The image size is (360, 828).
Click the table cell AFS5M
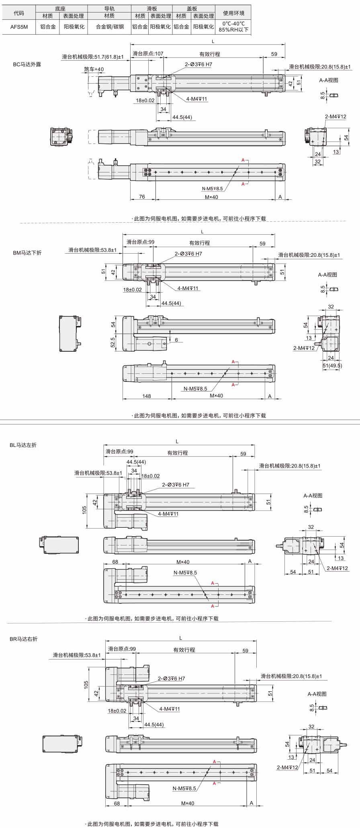click(x=19, y=27)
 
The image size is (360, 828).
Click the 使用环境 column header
click(x=233, y=13)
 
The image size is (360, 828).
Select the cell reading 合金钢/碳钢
click(x=110, y=27)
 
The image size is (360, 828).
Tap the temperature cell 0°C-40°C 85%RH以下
click(x=233, y=27)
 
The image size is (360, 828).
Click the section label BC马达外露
click(x=27, y=64)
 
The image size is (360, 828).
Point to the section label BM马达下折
click(x=27, y=253)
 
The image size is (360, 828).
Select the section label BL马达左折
click(x=23, y=445)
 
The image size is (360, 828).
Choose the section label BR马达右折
click(x=23, y=639)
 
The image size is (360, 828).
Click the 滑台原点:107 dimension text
click(x=148, y=53)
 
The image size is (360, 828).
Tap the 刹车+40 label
click(x=94, y=69)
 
